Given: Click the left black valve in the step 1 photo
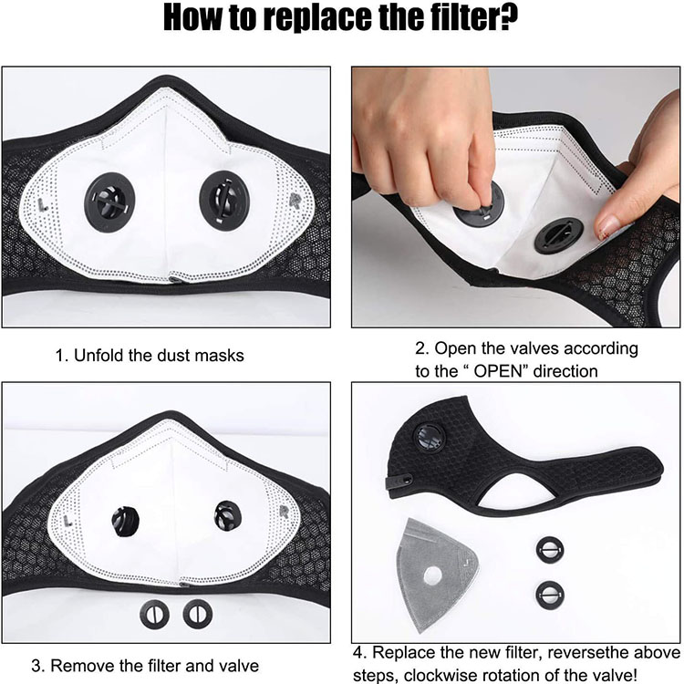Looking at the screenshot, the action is coord(109,202).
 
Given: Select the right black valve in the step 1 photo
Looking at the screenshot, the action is coord(224,201).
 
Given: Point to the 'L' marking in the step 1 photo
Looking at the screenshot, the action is coord(41,204).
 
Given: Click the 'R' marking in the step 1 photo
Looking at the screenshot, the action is coord(295,201).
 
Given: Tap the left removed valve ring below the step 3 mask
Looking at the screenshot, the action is coord(154,614).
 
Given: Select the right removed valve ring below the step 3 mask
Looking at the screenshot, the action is coord(198,614).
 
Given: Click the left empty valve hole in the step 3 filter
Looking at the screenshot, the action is coord(125,522).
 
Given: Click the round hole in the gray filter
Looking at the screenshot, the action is coord(432,576).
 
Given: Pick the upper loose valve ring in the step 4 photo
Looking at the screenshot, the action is coord(550,550).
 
